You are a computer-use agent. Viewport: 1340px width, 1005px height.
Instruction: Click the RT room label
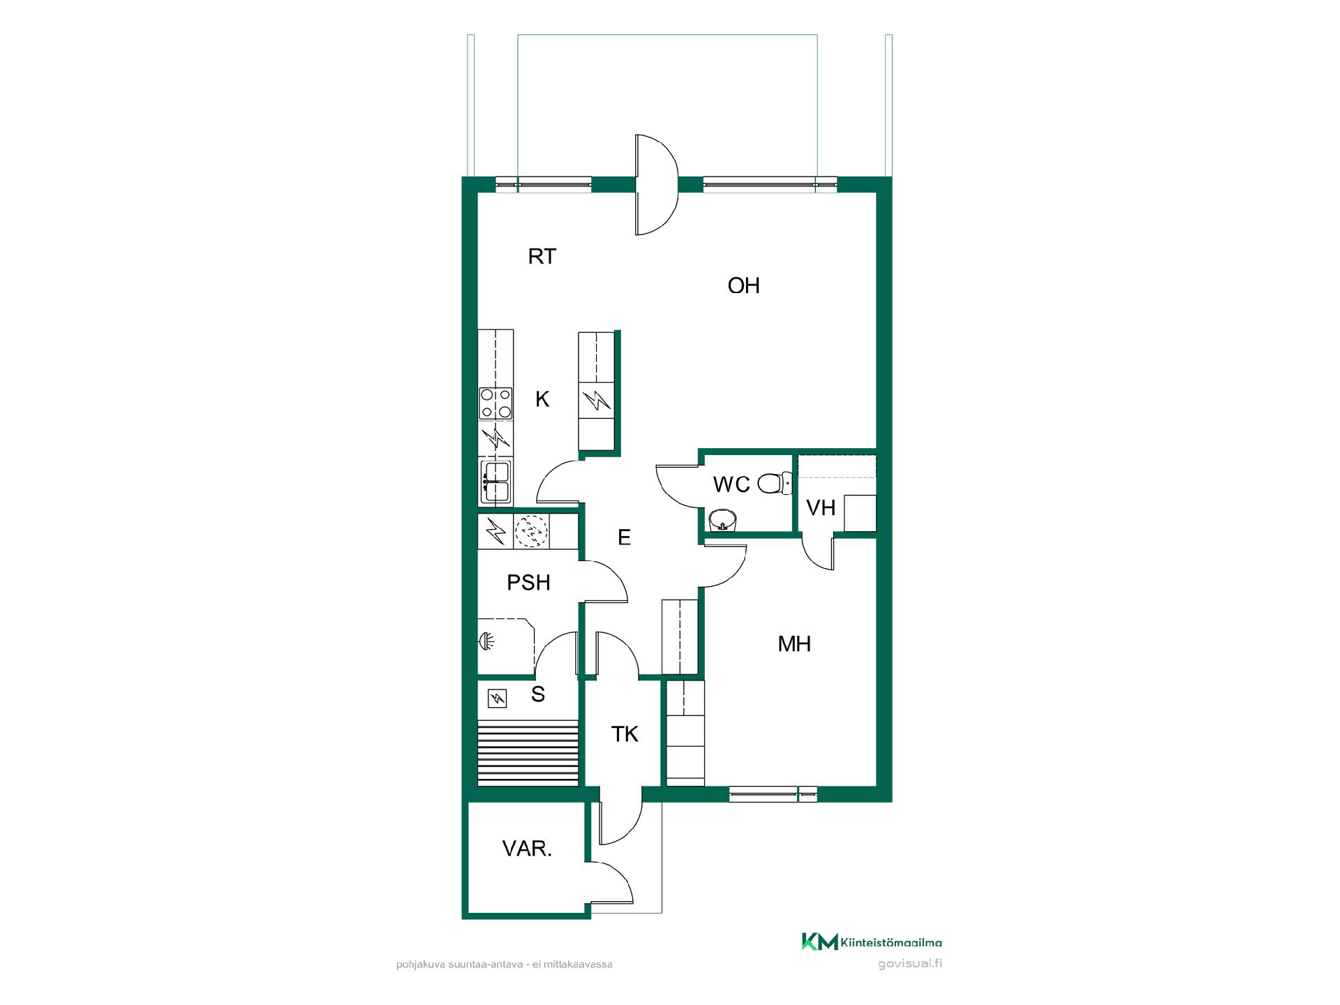pos(542,257)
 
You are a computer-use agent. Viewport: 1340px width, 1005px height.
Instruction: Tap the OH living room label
pos(743,285)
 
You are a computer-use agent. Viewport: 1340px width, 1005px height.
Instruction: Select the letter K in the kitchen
pos(542,399)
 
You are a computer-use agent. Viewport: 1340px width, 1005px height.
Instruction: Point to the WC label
pos(731,484)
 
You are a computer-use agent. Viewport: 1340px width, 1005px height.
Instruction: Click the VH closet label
pos(821,507)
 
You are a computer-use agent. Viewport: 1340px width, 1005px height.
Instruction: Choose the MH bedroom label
pos(794,643)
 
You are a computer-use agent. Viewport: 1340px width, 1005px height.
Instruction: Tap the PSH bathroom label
pos(528,582)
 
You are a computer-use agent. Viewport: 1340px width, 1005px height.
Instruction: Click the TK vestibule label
pos(625,734)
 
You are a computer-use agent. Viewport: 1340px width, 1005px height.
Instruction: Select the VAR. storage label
pos(527,849)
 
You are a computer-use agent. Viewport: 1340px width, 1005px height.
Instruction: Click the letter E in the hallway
pos(624,537)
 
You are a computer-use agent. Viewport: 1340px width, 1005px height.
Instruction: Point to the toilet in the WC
pos(774,483)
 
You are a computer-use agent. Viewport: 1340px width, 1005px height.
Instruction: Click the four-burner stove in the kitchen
pos(496,403)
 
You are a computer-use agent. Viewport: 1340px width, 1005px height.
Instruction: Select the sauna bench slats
pos(528,753)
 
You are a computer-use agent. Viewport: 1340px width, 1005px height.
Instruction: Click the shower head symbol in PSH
pos(484,640)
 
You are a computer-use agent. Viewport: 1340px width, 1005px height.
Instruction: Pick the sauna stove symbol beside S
pos(497,699)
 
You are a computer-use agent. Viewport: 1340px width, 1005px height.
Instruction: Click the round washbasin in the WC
pos(722,520)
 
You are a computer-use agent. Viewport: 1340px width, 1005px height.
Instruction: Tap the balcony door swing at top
pos(657,184)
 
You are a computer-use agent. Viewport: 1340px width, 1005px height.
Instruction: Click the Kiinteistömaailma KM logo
pos(871,942)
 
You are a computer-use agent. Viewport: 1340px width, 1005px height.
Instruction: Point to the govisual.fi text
pos(910,964)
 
